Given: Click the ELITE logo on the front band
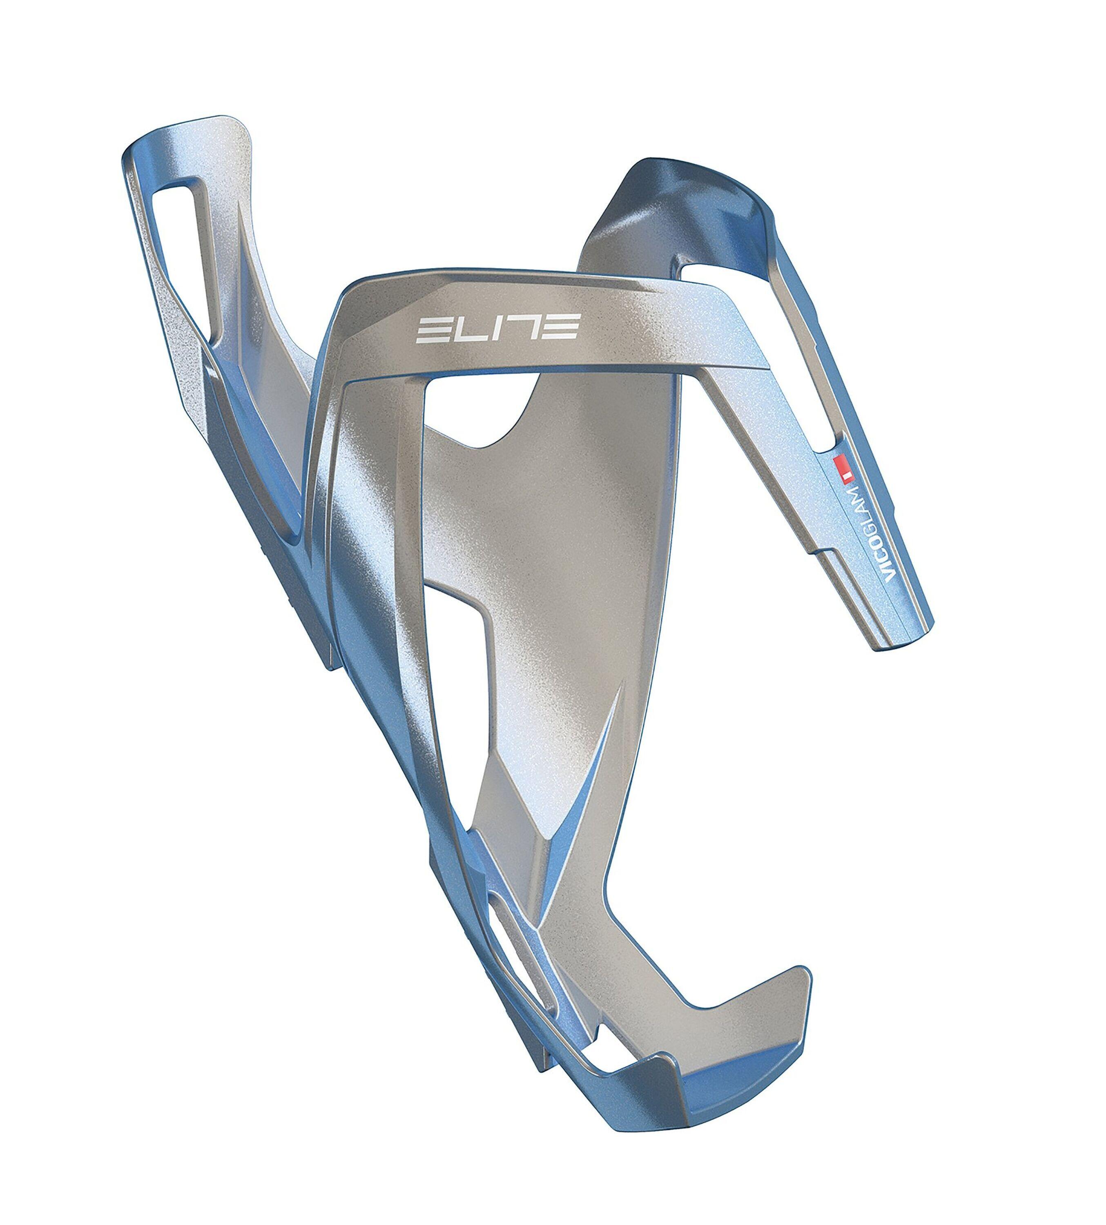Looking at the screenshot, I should pos(497,328).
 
